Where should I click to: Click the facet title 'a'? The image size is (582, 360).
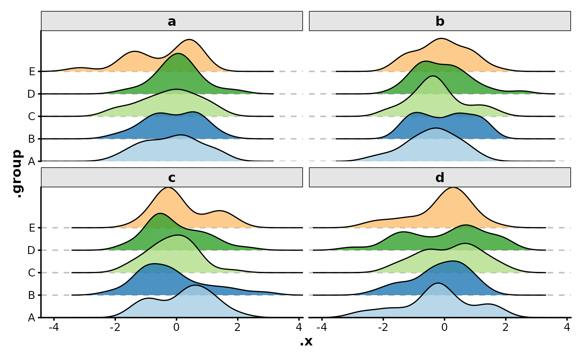(x=172, y=21)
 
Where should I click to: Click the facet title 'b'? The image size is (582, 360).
(x=440, y=21)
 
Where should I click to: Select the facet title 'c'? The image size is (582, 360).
(x=172, y=178)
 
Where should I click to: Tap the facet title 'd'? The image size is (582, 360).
(x=440, y=178)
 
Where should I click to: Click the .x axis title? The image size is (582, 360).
(x=306, y=342)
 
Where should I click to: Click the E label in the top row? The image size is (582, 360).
(x=32, y=72)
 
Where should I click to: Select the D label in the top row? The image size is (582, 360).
(x=31, y=94)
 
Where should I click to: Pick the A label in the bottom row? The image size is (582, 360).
(x=32, y=318)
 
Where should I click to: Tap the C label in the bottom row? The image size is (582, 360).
(x=32, y=273)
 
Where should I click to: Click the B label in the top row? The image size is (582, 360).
(x=32, y=139)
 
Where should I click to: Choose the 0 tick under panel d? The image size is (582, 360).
(x=444, y=327)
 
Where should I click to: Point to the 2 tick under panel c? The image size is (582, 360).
(x=237, y=327)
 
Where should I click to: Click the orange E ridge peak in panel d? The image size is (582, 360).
(x=452, y=188)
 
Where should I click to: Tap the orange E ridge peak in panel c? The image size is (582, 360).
(x=168, y=188)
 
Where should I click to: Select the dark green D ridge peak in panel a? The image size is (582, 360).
(x=178, y=54)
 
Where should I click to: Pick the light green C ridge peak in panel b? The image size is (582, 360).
(x=433, y=76)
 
